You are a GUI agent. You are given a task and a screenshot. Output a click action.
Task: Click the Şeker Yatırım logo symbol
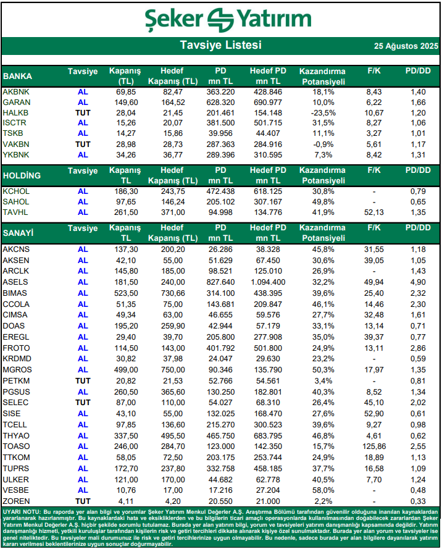[221, 18]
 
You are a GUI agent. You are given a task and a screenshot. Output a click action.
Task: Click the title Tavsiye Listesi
[220, 46]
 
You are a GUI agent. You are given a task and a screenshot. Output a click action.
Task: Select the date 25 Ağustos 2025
[406, 46]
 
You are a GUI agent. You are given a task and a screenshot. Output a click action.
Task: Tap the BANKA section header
[18, 77]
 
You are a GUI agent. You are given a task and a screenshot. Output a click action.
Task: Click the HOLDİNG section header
[22, 175]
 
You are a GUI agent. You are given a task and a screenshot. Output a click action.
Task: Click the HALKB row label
[15, 113]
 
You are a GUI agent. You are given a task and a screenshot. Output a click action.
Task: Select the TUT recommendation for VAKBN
[83, 144]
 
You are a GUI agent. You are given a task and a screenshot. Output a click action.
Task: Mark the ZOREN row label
[16, 501]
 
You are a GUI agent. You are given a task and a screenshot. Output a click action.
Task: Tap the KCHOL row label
[16, 191]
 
